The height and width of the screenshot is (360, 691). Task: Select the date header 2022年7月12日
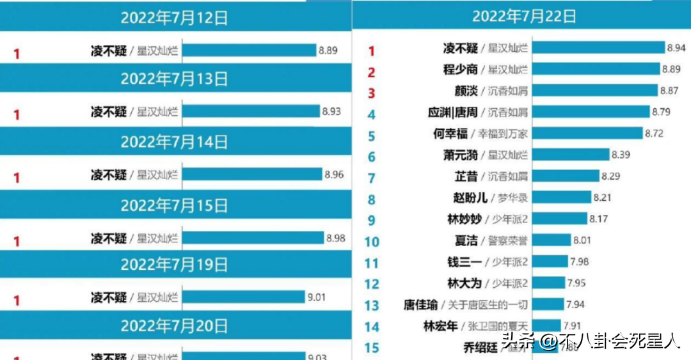(174, 17)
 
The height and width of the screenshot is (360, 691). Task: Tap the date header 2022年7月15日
(174, 205)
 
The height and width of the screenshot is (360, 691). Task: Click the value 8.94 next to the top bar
(676, 48)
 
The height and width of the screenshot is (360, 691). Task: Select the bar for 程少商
(596, 69)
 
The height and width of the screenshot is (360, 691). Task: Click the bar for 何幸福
(587, 133)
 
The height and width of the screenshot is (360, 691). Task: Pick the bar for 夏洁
(551, 240)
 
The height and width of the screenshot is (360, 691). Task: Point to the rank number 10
(372, 242)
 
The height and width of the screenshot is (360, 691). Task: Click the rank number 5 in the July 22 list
(372, 136)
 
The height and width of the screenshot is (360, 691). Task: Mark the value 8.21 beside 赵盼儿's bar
(602, 198)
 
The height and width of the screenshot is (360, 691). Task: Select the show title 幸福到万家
(499, 134)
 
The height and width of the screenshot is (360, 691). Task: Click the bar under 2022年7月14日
(251, 174)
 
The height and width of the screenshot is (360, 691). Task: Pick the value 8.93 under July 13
(331, 111)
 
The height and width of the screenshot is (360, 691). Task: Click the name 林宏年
(441, 326)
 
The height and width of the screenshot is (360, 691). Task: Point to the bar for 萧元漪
(571, 154)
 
